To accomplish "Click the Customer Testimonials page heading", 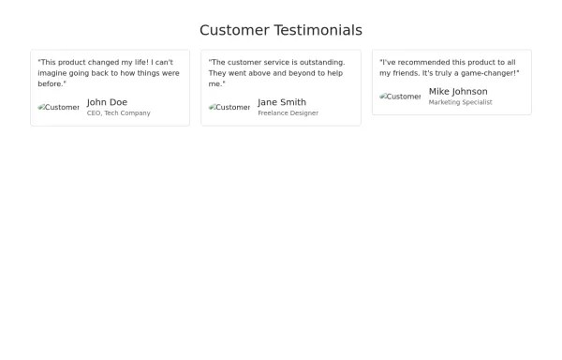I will (x=281, y=30).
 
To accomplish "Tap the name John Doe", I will (x=107, y=102).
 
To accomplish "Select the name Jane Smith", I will (x=282, y=102).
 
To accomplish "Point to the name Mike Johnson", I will (x=458, y=91).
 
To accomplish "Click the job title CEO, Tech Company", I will (x=118, y=113).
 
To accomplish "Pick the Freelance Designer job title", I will (x=288, y=113).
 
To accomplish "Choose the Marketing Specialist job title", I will (x=460, y=102).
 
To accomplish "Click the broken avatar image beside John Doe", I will (x=58, y=108).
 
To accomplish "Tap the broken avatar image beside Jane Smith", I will (x=229, y=108).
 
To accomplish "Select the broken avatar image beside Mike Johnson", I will (x=400, y=97).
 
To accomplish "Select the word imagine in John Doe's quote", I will (x=53, y=73).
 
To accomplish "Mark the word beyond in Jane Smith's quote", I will (x=299, y=73).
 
